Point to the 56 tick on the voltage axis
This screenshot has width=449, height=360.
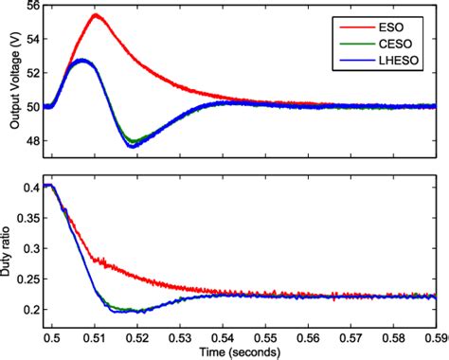(x=32, y=6)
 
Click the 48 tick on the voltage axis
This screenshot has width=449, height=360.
(x=32, y=140)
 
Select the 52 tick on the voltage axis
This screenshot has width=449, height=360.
(x=32, y=73)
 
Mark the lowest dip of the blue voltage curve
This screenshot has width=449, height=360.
(x=131, y=147)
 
